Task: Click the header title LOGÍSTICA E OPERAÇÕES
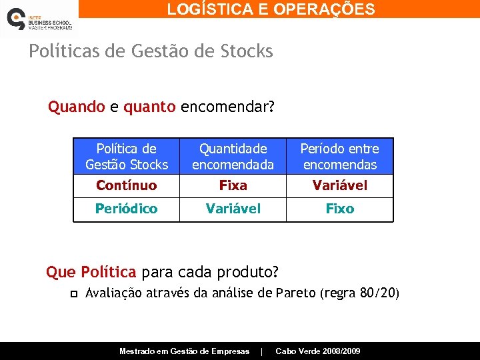pos(271,9)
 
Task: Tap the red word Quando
pos(77,107)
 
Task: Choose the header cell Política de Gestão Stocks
pos(127,157)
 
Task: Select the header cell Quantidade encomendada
pos(233,157)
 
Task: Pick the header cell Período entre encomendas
pos(339,157)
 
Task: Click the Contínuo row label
pos(127,185)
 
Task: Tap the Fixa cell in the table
pos(233,185)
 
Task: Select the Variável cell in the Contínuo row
pos(339,185)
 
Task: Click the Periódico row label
pos(127,209)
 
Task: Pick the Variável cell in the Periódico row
pos(233,209)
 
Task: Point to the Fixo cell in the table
pos(339,209)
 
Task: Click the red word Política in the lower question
pos(109,272)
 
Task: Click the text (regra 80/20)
pos(359,293)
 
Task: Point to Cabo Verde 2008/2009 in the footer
pos(317,351)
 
